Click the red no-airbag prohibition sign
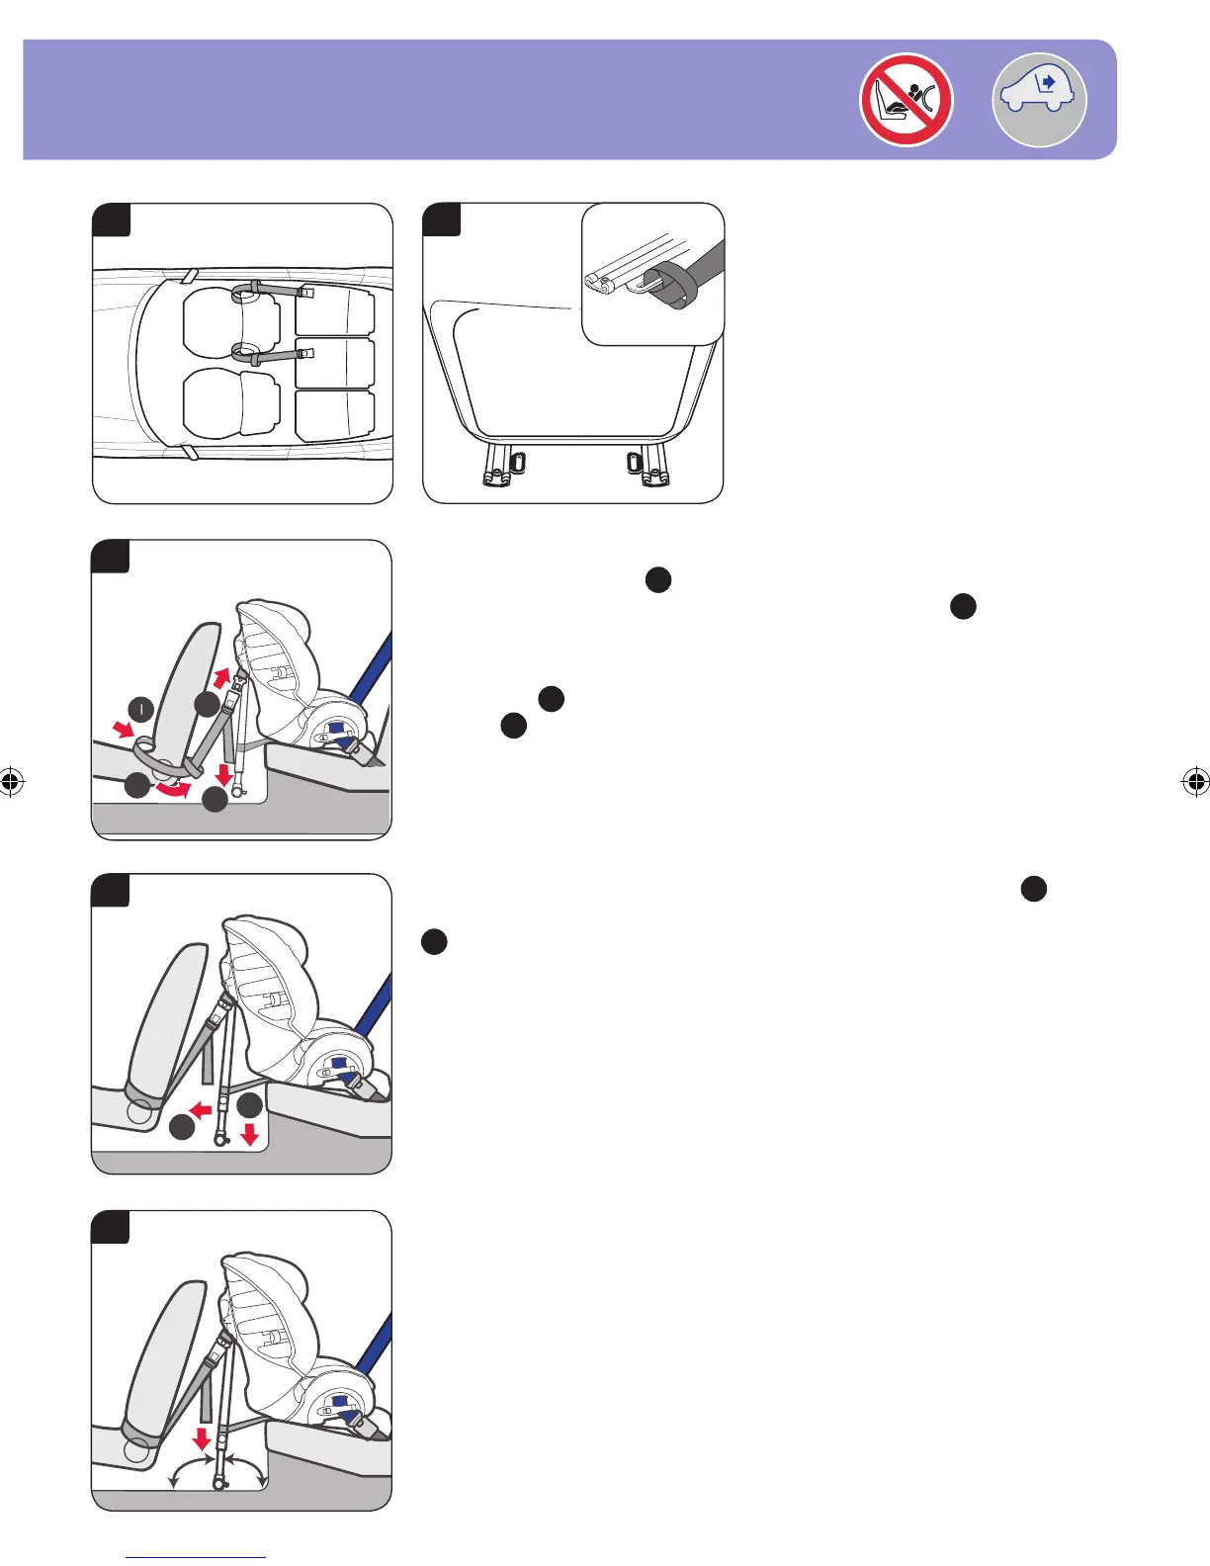coord(906,100)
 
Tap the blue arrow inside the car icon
coord(1049,82)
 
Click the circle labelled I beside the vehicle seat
coord(142,709)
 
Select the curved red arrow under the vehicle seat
coord(172,788)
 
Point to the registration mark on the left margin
coord(11,782)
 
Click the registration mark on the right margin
coord(1195,782)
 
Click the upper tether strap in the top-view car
coord(271,291)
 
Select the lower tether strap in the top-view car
coord(271,354)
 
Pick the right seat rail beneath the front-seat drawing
coord(650,466)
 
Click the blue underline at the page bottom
coord(197,1557)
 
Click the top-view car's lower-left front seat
coord(230,403)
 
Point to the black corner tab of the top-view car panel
coord(113,219)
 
